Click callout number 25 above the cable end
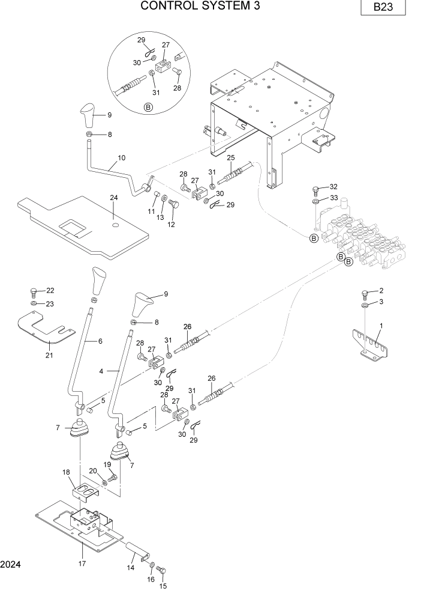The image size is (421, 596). pos(230,157)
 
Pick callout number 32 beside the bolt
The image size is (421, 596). pos(333,187)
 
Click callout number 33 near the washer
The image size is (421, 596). pos(333,198)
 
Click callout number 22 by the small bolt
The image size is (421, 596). pos(50,291)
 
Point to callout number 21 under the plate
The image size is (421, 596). pos(49,355)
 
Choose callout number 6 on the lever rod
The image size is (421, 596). pos(100,341)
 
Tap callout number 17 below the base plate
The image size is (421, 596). pos(82,564)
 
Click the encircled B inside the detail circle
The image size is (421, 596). pos(148,108)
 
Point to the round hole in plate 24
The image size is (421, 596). pos(114,225)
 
